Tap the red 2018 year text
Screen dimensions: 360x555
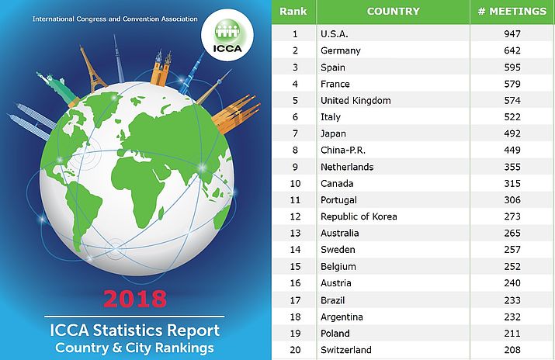tap(135, 299)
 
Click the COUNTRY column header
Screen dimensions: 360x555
tap(393, 12)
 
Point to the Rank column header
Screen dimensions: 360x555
tap(293, 12)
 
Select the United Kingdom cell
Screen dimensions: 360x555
tap(356, 101)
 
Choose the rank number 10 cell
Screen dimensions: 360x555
tap(294, 184)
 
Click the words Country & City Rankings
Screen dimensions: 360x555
tap(134, 348)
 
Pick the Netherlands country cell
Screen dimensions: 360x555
tap(347, 167)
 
